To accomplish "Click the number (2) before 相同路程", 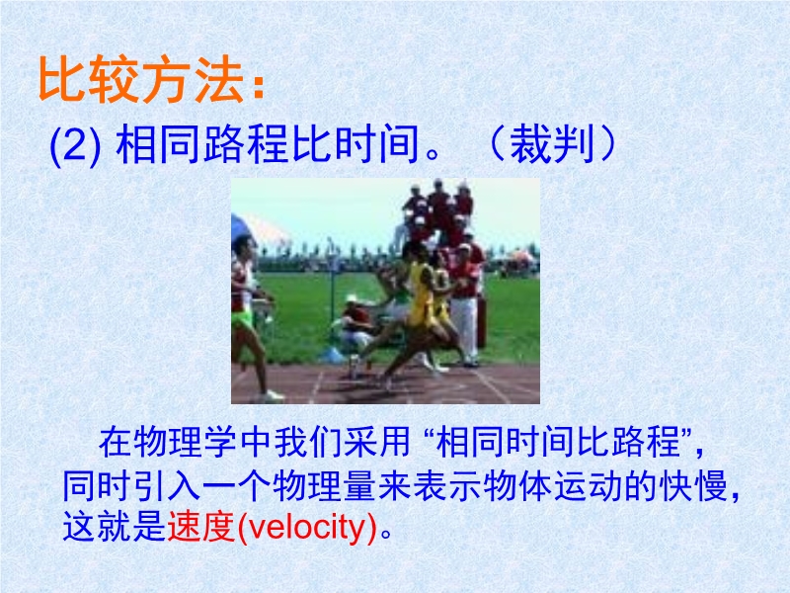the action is point(76,145).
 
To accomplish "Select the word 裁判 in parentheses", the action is point(552,144).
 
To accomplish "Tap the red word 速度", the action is point(201,527).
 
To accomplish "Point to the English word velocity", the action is point(307,527).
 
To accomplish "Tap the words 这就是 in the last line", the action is point(115,527).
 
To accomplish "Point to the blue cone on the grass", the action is point(333,356).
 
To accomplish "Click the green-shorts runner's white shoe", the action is point(273,396).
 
